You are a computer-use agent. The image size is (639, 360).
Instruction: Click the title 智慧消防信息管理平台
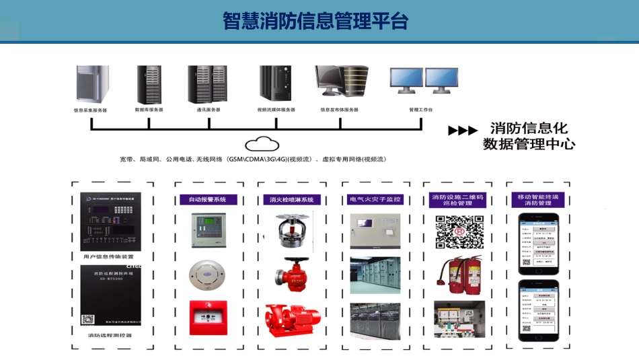(x=315, y=21)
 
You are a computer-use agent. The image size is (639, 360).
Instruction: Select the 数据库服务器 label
(x=149, y=110)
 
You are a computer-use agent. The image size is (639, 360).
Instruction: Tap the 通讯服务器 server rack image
(x=208, y=84)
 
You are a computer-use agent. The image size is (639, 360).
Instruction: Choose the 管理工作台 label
(x=421, y=110)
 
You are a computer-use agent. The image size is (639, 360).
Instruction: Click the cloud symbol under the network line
(x=262, y=143)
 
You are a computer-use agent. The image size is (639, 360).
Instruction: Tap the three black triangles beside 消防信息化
(x=463, y=131)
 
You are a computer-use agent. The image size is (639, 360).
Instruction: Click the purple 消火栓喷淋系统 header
(x=291, y=200)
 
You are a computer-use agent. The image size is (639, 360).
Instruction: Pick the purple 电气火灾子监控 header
(x=375, y=200)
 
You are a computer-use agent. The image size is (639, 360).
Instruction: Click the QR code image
(x=459, y=232)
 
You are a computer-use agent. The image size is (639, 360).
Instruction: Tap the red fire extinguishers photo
(x=459, y=276)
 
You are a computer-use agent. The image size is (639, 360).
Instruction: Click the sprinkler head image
(x=291, y=229)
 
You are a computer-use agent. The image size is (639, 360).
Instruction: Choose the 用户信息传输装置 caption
(x=110, y=256)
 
